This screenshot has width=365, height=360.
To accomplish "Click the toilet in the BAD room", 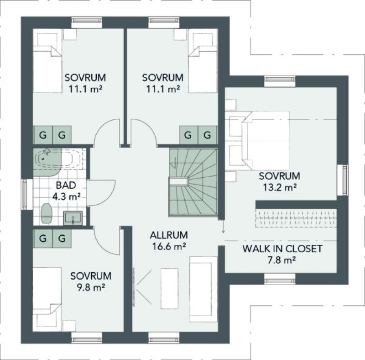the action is (x=46, y=213).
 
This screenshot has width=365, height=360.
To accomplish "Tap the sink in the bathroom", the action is (x=73, y=218).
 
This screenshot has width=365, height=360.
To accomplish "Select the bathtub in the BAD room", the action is (x=58, y=159).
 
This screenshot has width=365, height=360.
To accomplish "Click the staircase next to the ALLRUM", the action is (x=193, y=182).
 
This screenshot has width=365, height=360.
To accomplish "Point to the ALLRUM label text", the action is (x=169, y=235).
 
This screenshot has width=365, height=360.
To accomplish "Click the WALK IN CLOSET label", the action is (x=282, y=249).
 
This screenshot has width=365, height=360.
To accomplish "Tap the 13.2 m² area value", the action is (x=280, y=187).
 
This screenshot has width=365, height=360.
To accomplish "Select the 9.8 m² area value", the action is (x=91, y=287).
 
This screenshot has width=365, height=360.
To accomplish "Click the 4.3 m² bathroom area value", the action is (x=66, y=196).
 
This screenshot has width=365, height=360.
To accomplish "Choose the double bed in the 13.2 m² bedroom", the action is (x=266, y=141).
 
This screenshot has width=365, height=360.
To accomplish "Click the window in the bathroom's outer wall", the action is (x=25, y=194).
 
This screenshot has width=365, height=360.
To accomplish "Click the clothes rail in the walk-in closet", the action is (x=296, y=218).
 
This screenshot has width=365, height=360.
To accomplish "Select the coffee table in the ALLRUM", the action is (x=169, y=288).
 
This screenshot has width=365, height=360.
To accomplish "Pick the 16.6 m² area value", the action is (x=169, y=246).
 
